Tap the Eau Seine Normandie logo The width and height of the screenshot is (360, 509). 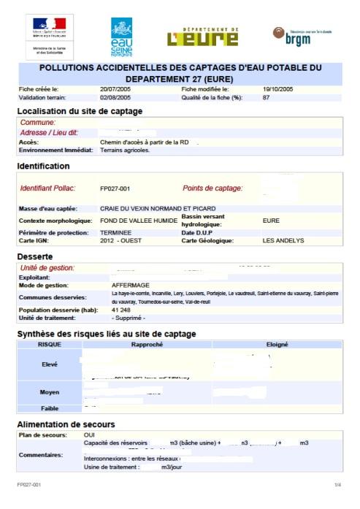coord(122,37)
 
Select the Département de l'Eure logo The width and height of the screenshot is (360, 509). coord(203,37)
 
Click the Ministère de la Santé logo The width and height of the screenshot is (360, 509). coord(49,37)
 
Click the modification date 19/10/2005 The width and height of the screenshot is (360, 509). coord(277,89)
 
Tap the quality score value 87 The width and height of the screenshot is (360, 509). coord(267,97)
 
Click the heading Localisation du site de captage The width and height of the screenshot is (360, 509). coord(80,111)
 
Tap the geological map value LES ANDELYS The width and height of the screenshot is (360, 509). coord(283,240)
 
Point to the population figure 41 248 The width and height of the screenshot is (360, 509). coord(123,310)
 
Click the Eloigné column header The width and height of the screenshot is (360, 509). coord(277,344)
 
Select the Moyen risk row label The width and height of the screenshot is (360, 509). coord(50,392)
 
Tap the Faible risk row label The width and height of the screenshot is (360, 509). coord(50,408)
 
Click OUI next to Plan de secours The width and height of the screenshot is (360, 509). coord(89,435)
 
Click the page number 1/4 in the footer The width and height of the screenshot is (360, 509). coord(337,485)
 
